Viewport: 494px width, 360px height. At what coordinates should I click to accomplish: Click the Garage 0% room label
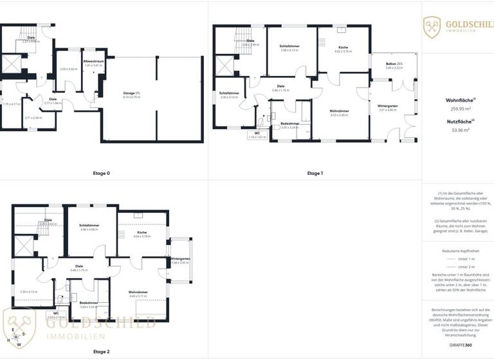point(131,94)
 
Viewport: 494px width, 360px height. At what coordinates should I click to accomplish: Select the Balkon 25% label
point(394,64)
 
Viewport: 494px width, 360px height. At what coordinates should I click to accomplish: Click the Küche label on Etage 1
point(343,47)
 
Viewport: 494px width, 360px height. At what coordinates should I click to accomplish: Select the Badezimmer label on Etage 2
point(89,302)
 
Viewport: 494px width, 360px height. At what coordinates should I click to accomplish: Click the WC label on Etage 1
point(257,134)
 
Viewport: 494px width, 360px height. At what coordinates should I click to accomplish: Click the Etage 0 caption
point(102,174)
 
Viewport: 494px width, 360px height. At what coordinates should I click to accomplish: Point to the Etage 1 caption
point(315,174)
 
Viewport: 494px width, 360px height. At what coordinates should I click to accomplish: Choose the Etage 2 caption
point(102,352)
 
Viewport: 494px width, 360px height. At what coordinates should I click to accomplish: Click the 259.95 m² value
point(457,109)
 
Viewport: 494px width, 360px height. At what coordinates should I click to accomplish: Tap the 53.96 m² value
point(457,130)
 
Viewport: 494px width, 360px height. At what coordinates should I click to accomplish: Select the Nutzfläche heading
point(457,121)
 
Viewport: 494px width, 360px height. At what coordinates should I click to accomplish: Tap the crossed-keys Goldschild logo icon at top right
point(432,27)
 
